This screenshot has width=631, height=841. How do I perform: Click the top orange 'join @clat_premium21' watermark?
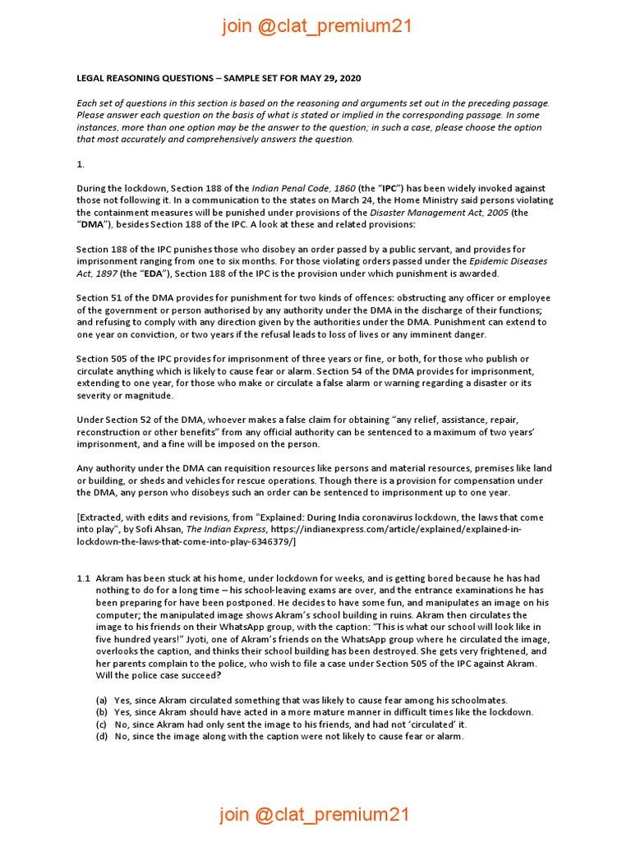point(316,26)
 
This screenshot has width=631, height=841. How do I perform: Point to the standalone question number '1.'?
point(81,163)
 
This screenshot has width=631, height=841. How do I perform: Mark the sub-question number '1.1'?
point(83,578)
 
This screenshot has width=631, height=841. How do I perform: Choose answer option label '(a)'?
point(101,700)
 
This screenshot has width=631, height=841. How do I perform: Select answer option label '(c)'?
point(101,724)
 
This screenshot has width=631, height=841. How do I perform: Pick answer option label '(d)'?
point(101,737)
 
